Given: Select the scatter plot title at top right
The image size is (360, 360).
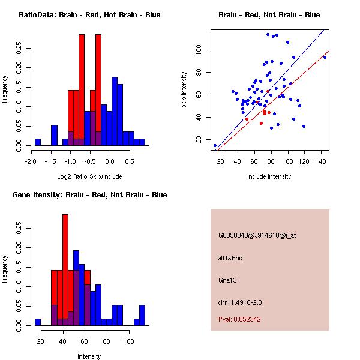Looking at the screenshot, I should pyautogui.click(x=269, y=14).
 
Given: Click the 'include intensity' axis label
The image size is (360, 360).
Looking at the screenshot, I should pyautogui.click(x=269, y=177).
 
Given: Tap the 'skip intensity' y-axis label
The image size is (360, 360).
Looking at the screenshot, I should pyautogui.click(x=184, y=90).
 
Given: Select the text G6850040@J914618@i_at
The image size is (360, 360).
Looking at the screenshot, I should pyautogui.click(x=257, y=235).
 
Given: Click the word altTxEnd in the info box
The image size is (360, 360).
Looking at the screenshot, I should pyautogui.click(x=230, y=258).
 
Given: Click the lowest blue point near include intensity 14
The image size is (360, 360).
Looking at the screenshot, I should pyautogui.click(x=215, y=145).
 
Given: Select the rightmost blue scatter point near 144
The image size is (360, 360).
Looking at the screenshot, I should pyautogui.click(x=325, y=57).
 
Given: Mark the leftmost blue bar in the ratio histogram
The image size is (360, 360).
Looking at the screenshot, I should pyautogui.click(x=38, y=142).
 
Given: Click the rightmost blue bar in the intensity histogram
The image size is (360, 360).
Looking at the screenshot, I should pyautogui.click(x=142, y=315).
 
